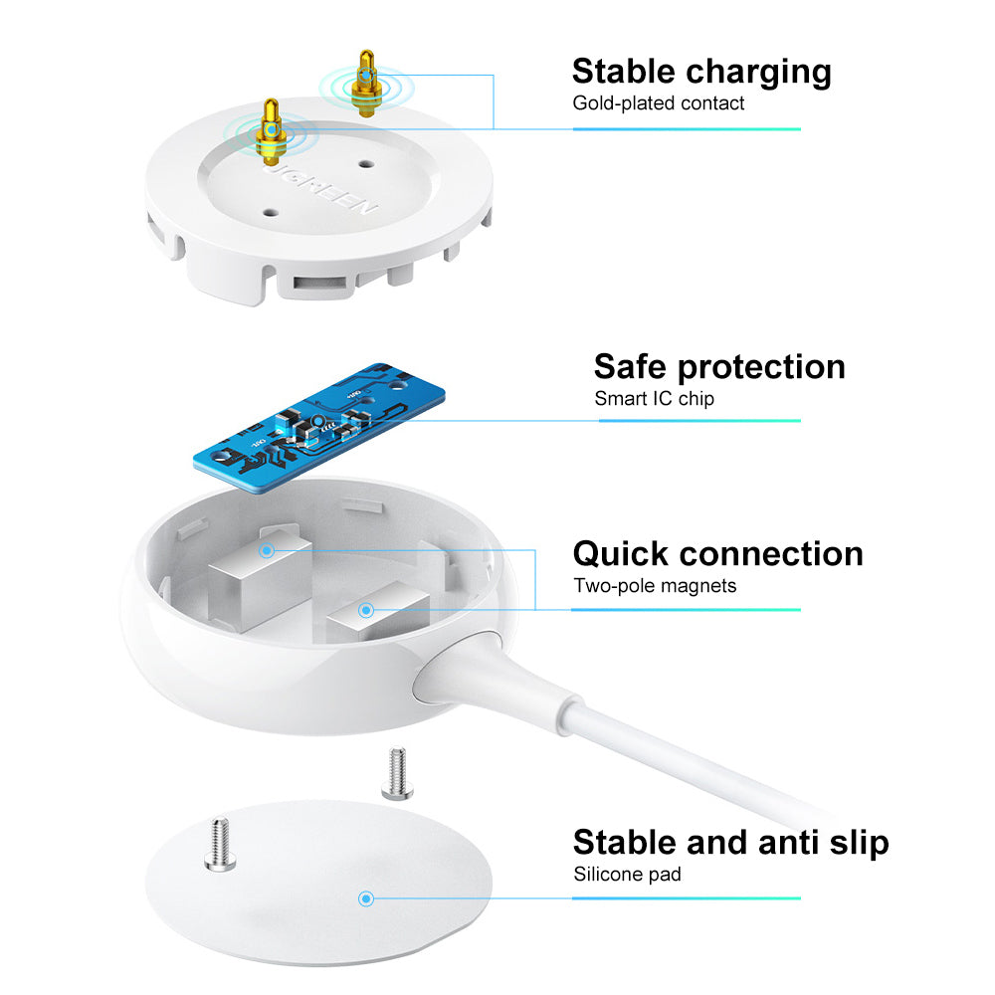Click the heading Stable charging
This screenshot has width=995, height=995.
click(701, 72)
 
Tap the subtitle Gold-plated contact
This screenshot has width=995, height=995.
click(658, 102)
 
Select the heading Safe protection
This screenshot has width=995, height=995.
click(719, 366)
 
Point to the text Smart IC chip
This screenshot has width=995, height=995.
click(654, 398)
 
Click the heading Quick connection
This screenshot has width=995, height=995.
click(717, 553)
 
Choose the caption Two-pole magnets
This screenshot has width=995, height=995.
click(655, 585)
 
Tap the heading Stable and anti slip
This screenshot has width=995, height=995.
click(730, 843)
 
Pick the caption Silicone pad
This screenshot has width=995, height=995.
click(627, 875)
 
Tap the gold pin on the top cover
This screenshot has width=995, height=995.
click(269, 131)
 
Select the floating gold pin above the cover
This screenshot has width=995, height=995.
click(367, 85)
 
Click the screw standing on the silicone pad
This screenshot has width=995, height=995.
click(217, 842)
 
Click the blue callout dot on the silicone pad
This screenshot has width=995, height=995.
click(366, 898)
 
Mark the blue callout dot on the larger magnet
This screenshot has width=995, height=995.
click(266, 549)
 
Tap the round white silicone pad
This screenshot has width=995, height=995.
click(318, 886)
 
